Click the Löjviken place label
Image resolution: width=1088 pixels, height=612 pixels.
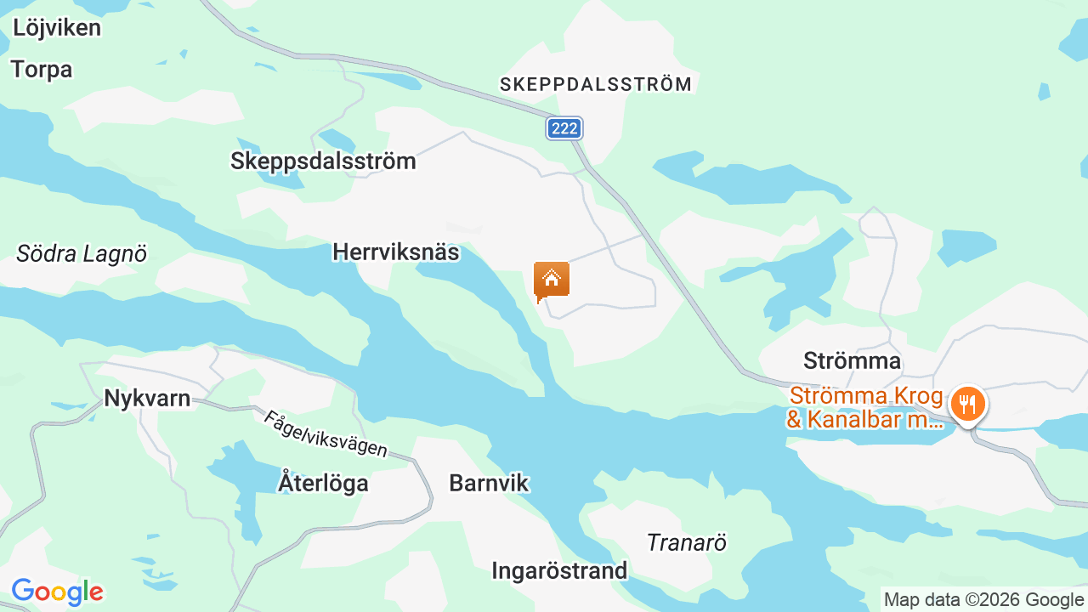[57, 28]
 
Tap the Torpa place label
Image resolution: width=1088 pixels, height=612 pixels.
[42, 70]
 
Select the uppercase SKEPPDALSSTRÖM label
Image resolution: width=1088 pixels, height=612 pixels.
[596, 84]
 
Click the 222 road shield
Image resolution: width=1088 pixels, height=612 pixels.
[564, 128]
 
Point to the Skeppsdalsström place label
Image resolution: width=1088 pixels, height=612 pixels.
[323, 161]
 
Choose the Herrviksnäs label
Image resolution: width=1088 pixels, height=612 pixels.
[395, 252]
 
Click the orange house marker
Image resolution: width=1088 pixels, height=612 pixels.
[551, 280]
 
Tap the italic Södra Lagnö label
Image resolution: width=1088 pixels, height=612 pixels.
[82, 253]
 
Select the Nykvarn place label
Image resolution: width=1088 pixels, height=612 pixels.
[147, 398]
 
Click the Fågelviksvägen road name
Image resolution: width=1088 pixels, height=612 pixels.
[326, 434]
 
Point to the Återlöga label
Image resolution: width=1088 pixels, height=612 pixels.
[323, 484]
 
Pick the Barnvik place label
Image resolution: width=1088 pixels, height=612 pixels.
[489, 484]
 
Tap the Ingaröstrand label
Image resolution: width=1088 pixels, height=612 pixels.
[559, 570]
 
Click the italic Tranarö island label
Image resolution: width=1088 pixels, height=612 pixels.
[687, 542]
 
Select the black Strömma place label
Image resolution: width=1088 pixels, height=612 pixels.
[852, 361]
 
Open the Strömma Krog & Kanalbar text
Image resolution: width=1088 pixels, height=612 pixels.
[865, 408]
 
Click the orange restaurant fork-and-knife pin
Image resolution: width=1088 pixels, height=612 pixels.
[966, 404]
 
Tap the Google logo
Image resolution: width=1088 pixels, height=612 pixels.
[57, 592]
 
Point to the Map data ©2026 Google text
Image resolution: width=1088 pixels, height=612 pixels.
[983, 599]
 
